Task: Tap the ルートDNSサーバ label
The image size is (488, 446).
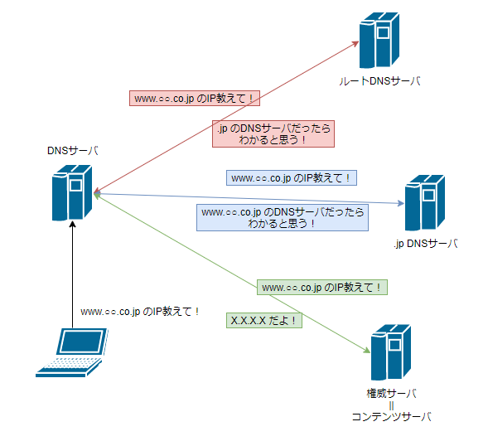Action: [379, 81]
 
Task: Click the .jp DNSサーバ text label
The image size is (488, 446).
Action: [425, 244]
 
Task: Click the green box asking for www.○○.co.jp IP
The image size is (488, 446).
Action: [322, 288]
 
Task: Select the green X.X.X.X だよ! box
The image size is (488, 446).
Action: [264, 320]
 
